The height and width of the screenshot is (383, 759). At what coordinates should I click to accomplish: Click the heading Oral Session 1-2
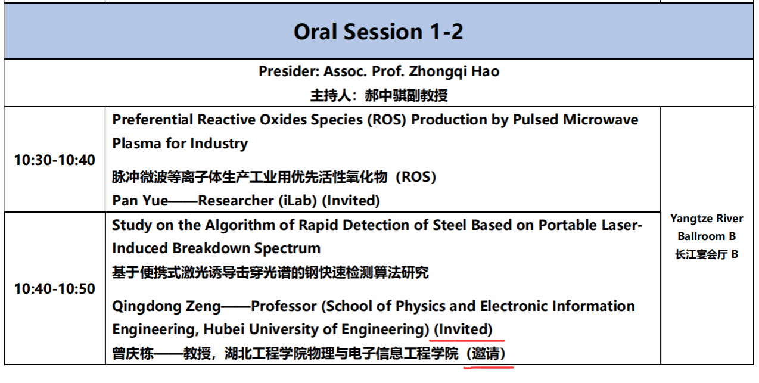pos(378,32)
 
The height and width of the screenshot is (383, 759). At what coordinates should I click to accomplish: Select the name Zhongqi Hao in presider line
pos(454,72)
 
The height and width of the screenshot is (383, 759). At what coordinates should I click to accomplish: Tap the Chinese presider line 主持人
pos(379,95)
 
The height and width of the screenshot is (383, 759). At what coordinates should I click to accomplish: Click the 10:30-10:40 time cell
pos(55,160)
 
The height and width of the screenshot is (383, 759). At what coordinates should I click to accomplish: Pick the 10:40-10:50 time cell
pos(55,288)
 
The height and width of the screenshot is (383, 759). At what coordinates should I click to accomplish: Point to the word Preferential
pos(152,120)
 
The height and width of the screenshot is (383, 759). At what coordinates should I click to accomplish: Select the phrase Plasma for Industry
pos(180,144)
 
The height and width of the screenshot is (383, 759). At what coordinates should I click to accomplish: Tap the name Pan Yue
pos(140,201)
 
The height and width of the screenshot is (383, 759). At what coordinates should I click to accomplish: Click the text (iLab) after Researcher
pos(297,201)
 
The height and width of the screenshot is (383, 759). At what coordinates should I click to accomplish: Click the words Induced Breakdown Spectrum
pos(216,248)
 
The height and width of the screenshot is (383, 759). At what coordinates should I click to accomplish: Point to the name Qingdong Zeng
pos(166,306)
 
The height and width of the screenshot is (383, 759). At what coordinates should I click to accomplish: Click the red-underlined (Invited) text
pos(463,329)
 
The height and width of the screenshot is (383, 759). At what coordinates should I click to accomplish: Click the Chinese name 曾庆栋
pos(133,354)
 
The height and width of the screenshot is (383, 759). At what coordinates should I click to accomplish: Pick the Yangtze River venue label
pos(707,219)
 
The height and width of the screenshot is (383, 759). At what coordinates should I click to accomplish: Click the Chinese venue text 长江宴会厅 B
pos(707,254)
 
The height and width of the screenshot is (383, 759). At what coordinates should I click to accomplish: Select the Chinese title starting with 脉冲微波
pos(274,177)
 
